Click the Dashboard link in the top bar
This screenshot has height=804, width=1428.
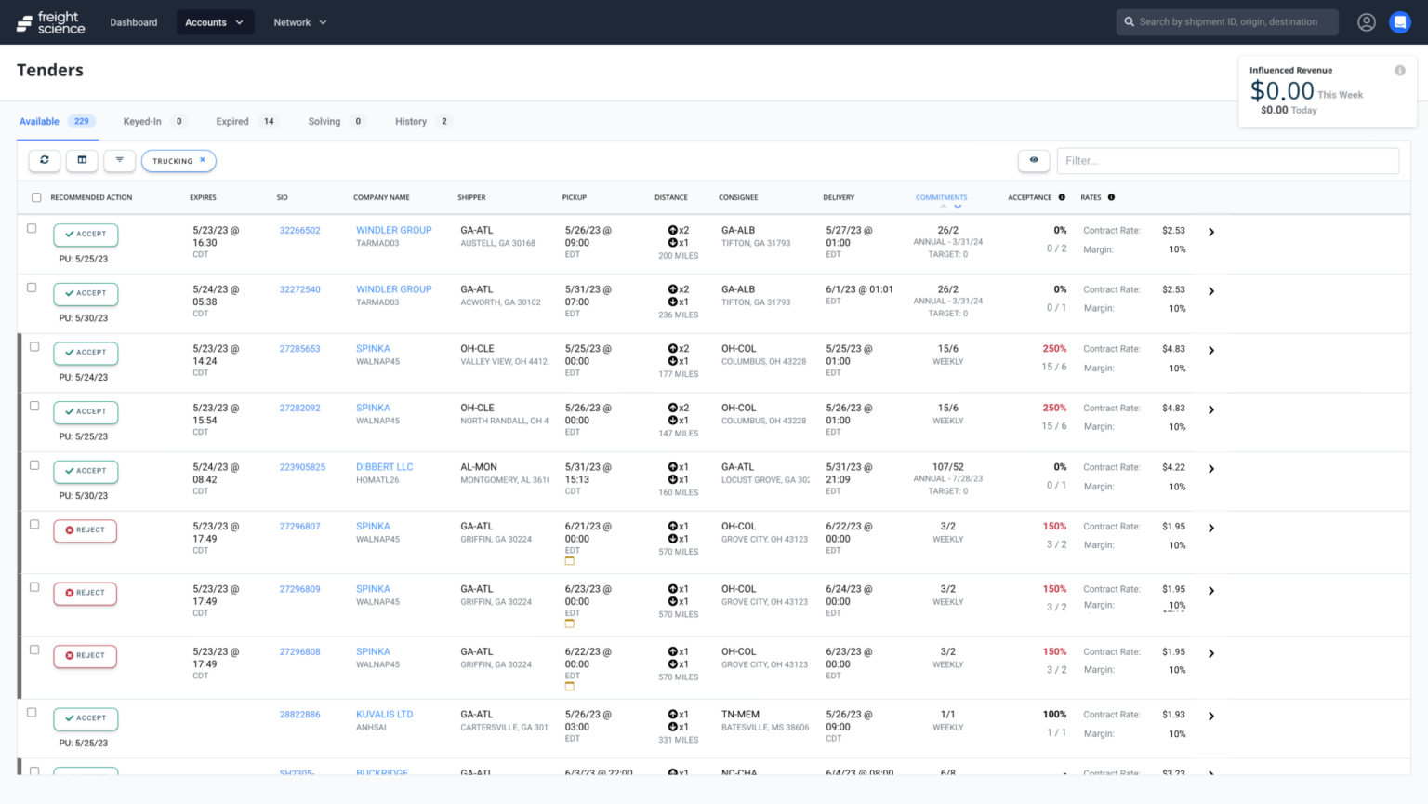tap(133, 22)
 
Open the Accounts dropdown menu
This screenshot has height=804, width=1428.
tap(215, 22)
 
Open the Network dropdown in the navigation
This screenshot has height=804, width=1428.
tap(299, 22)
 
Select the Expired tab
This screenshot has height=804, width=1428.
tap(232, 122)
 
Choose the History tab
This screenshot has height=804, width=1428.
tap(411, 122)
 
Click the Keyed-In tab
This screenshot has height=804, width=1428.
tap(142, 122)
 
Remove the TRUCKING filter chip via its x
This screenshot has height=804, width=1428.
tap(203, 160)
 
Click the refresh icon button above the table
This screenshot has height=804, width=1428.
tap(44, 160)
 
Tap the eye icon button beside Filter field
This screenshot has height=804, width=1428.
tap(1034, 160)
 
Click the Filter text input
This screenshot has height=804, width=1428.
tap(1227, 161)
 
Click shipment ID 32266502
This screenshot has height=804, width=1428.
tap(299, 231)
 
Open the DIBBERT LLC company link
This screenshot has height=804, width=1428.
tap(384, 467)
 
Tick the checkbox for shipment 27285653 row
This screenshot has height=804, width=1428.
tap(34, 347)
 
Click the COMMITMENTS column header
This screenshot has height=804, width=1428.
tap(941, 197)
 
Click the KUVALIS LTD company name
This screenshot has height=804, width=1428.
tap(384, 715)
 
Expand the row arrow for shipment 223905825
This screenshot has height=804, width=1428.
tap(1210, 469)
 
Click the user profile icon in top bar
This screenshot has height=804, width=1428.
tap(1366, 22)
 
